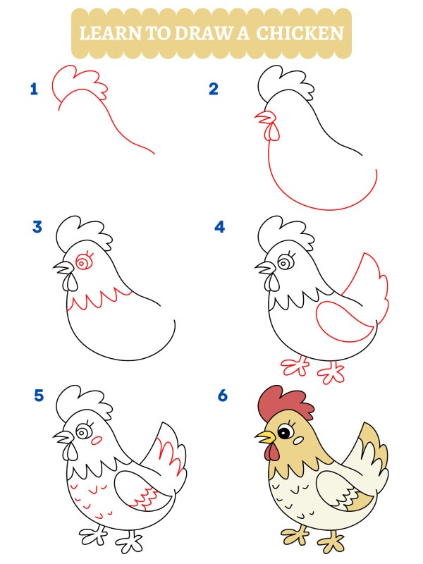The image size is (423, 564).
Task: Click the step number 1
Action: click(34, 89)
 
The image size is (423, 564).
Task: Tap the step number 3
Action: click(37, 227)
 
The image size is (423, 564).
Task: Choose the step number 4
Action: click(220, 227)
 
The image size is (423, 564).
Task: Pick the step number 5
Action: click(39, 396)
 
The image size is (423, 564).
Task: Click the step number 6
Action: click(223, 396)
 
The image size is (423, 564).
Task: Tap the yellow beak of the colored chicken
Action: click(264, 438)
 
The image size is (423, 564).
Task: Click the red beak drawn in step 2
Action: click(262, 117)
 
